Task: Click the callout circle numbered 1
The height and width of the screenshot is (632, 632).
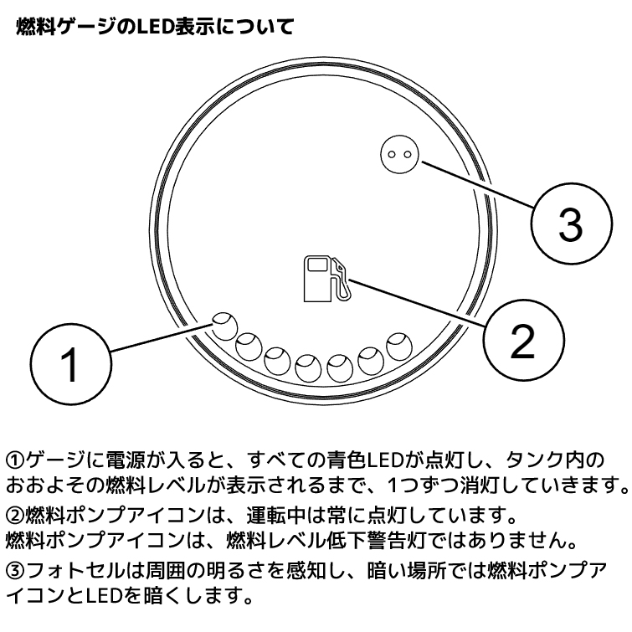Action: click(71, 364)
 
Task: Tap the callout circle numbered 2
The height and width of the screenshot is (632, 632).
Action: click(522, 342)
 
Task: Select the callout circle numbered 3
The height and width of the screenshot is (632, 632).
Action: click(569, 224)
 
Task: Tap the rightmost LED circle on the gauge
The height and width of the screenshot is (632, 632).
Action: click(397, 344)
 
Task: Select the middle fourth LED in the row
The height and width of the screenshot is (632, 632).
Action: click(309, 365)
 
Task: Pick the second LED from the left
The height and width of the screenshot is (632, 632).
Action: click(249, 345)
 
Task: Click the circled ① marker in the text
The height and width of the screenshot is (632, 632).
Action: click(16, 460)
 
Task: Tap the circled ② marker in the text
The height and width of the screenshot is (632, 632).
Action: click(16, 511)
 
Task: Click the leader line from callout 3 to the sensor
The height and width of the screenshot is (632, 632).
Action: click(477, 184)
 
